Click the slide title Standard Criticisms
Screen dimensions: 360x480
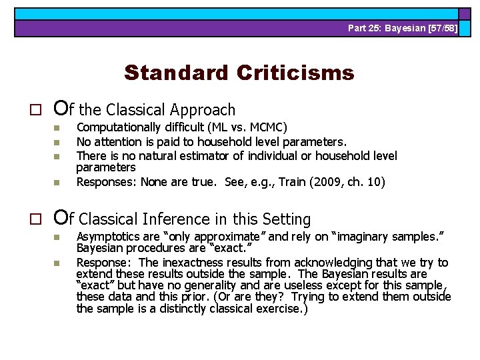click(x=239, y=72)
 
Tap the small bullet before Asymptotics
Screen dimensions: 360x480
click(x=57, y=237)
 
